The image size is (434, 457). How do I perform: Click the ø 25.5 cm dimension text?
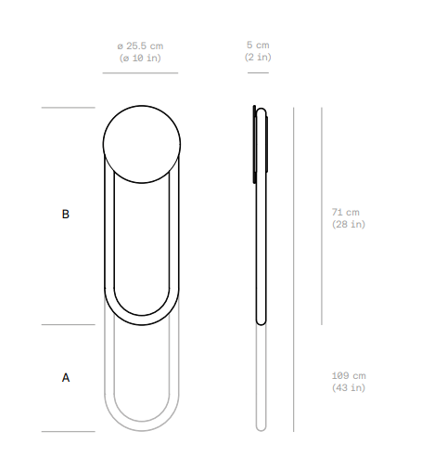140,46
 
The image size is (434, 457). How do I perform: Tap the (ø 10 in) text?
140,58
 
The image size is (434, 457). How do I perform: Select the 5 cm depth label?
258,46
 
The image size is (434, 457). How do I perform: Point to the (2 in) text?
258,57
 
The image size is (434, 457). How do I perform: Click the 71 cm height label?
346,213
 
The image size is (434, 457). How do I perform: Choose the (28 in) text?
349,224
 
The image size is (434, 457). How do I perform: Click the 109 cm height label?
349,376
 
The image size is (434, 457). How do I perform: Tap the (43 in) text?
349,387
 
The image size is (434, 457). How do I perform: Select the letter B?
66,215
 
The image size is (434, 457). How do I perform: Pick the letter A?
66,378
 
